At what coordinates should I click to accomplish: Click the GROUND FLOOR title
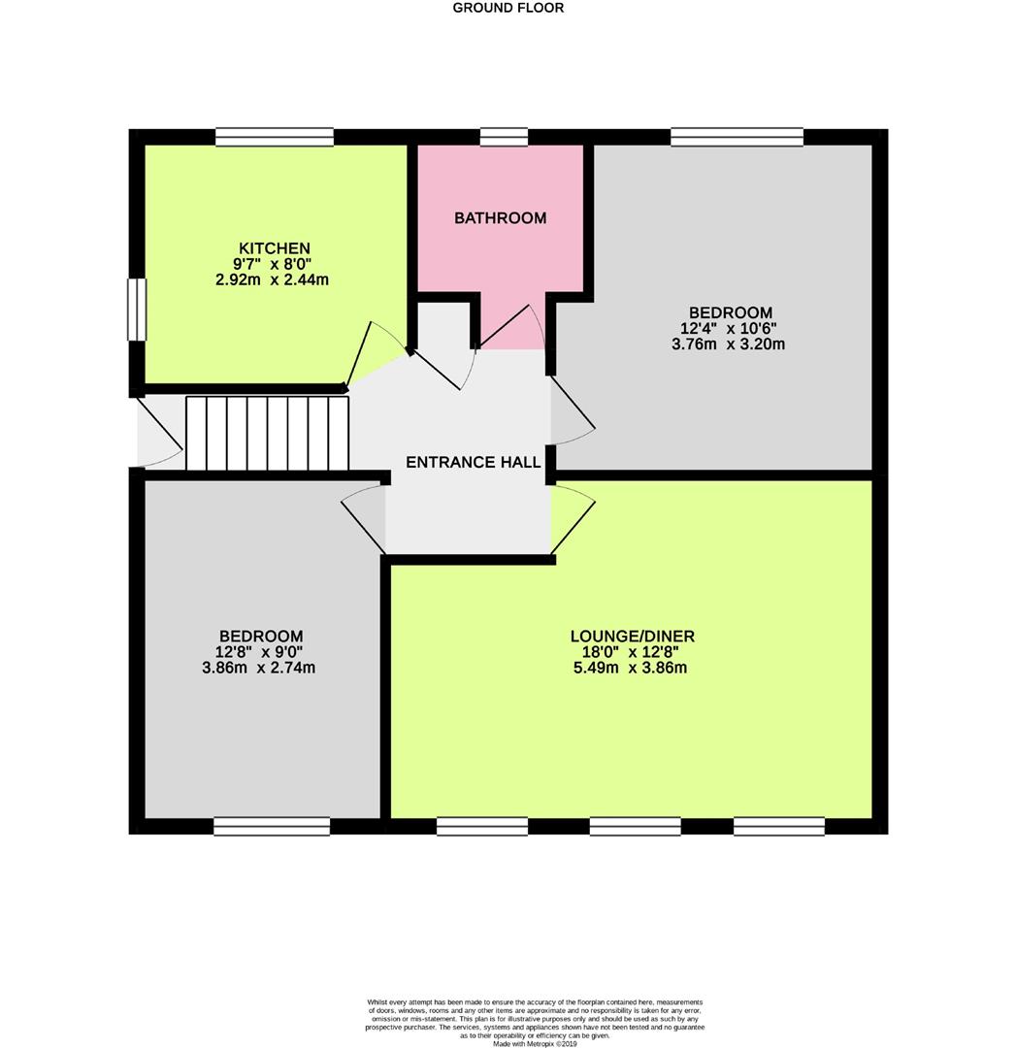click(x=508, y=8)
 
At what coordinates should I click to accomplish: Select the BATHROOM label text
click(x=500, y=218)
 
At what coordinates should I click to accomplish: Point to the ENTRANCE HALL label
click(x=473, y=463)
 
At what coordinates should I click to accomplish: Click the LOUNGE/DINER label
click(x=632, y=637)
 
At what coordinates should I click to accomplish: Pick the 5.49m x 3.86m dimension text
click(x=632, y=668)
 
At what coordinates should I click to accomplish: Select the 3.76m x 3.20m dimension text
click(x=728, y=344)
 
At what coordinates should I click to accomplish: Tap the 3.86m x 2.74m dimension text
click(x=258, y=668)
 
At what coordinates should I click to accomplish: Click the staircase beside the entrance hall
click(x=267, y=433)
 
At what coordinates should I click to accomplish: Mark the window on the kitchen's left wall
click(x=137, y=310)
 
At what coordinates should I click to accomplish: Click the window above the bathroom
click(x=504, y=137)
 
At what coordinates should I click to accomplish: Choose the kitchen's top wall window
click(x=275, y=137)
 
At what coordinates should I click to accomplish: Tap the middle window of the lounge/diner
click(x=635, y=826)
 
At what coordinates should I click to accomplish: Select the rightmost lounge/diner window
click(x=778, y=826)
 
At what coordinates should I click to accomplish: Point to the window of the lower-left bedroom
click(x=272, y=826)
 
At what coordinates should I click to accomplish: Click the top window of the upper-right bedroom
click(x=737, y=137)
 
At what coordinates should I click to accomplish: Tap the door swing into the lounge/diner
click(x=572, y=519)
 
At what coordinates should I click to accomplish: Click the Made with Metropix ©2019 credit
click(x=535, y=1043)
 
